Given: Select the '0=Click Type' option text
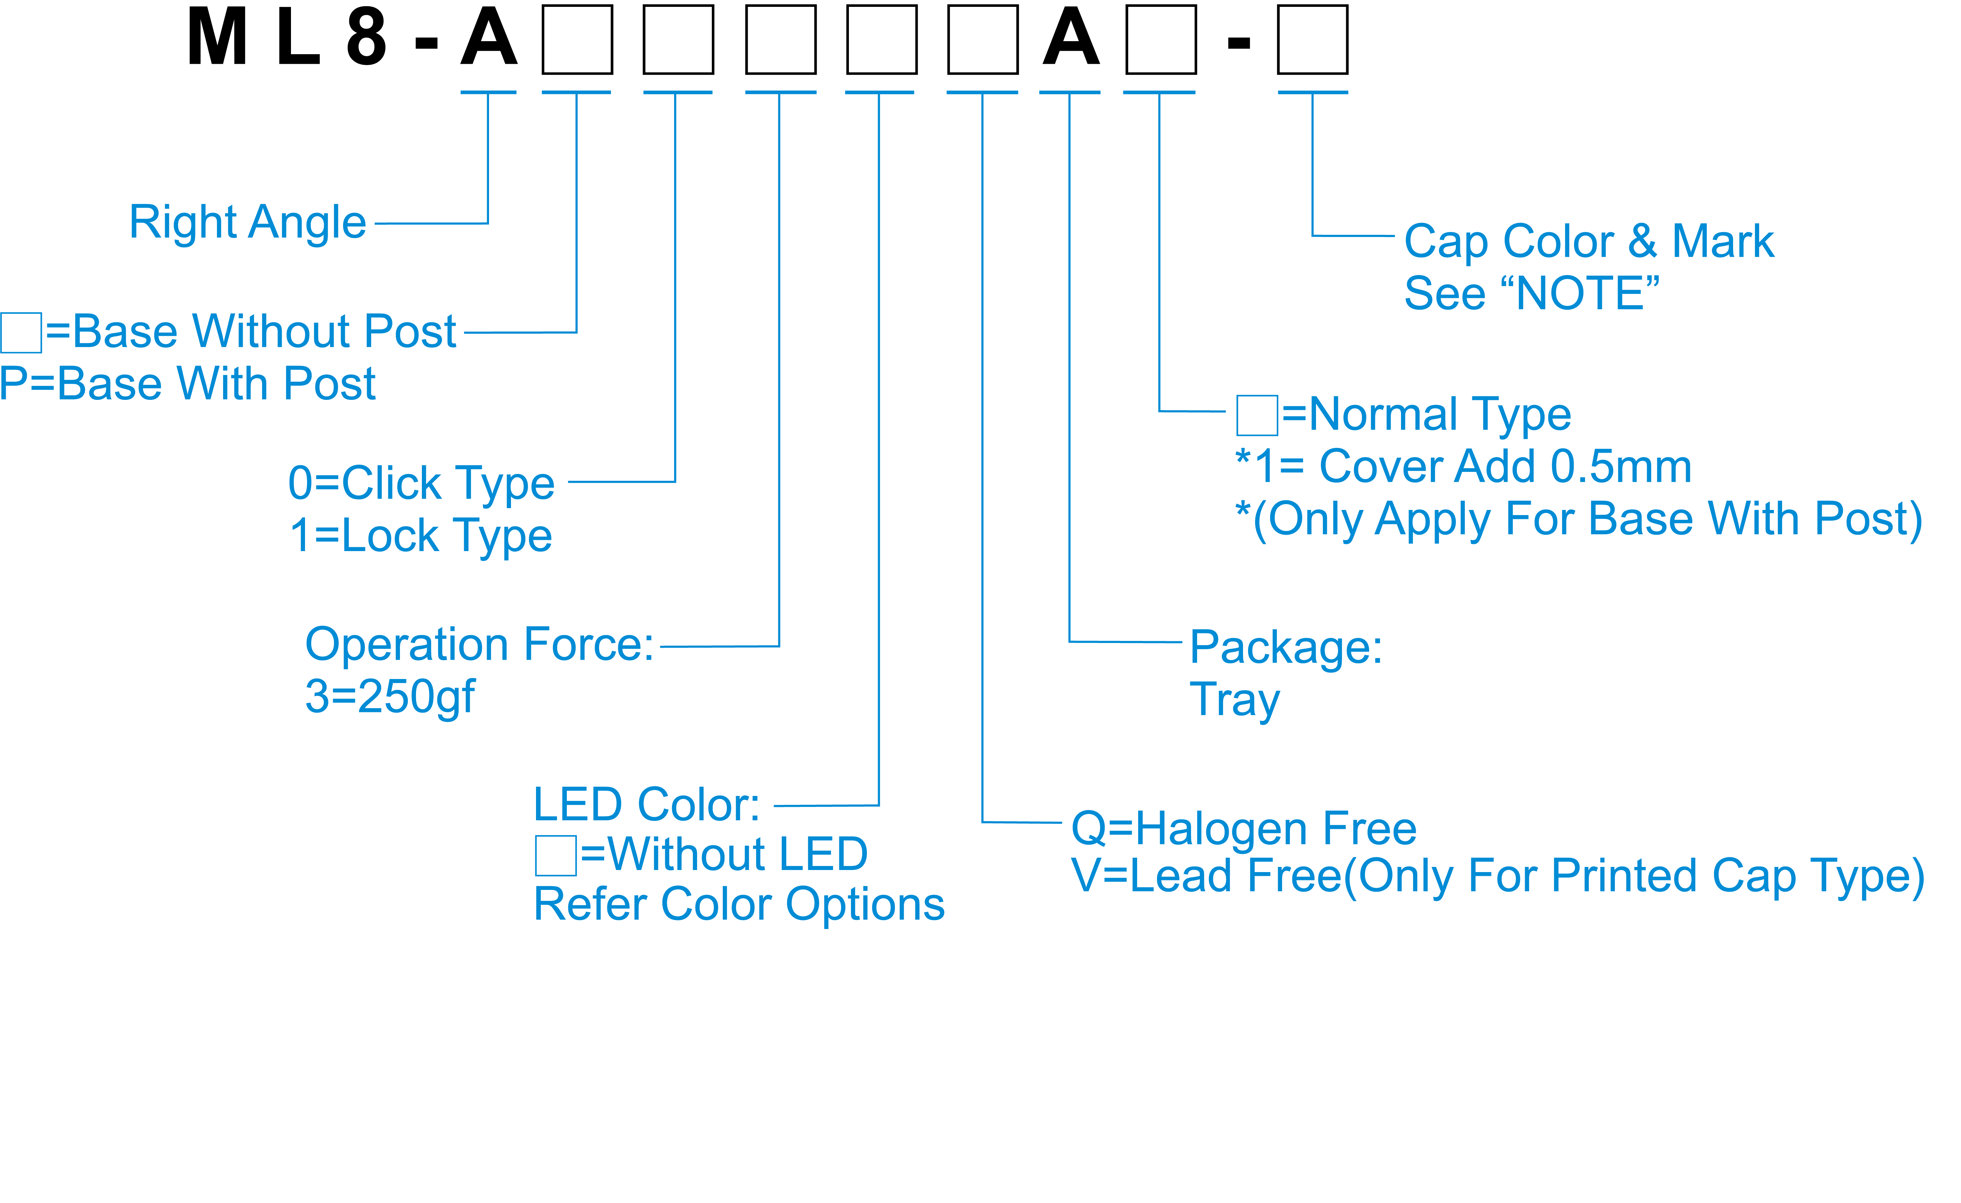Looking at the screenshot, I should click(421, 483).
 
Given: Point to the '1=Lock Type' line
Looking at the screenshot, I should click(421, 535).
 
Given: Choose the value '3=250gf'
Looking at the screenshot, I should click(390, 696).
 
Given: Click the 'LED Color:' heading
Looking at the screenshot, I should click(646, 805).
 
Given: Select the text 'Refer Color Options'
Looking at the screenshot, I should click(739, 904).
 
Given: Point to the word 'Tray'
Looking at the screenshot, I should click(1234, 700).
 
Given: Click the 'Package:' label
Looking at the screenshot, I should click(1285, 647).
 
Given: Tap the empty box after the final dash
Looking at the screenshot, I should click(1312, 39).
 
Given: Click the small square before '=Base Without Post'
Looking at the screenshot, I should click(21, 333).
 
